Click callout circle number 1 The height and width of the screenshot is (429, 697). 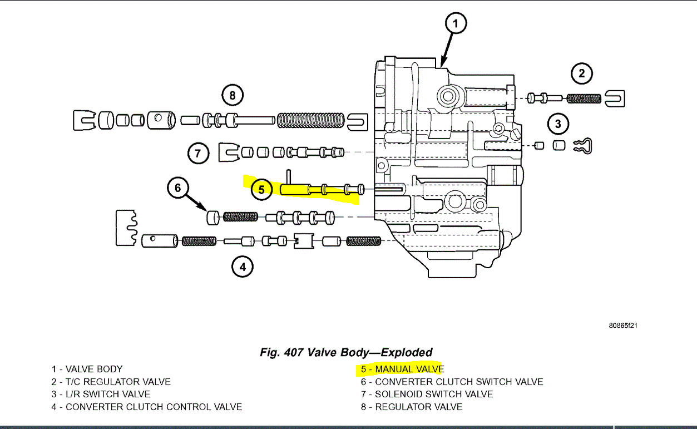[x=455, y=24]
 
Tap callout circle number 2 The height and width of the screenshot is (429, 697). [x=582, y=73]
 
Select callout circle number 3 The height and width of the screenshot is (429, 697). [x=558, y=124]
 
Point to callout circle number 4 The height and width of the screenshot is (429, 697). [x=242, y=268]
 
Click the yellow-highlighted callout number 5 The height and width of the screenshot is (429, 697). [x=261, y=189]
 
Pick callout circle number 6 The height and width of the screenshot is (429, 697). [x=178, y=189]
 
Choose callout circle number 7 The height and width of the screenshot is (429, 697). [x=198, y=153]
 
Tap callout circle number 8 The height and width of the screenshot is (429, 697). [x=233, y=96]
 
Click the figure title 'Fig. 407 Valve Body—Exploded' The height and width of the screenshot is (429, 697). [x=346, y=352]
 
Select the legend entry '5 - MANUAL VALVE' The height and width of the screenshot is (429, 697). [x=402, y=369]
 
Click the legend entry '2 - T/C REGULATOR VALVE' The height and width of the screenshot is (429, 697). [x=111, y=382]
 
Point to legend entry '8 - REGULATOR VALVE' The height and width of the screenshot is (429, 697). [x=411, y=407]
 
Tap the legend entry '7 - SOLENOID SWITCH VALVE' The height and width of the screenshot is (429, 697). [x=427, y=394]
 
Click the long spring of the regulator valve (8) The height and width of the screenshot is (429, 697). [x=312, y=120]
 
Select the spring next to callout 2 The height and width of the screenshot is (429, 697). [x=584, y=98]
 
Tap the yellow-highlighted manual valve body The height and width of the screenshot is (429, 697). [x=323, y=190]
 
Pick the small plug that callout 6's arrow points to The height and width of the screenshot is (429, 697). [x=212, y=217]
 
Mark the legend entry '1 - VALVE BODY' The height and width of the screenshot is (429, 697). [x=87, y=369]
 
